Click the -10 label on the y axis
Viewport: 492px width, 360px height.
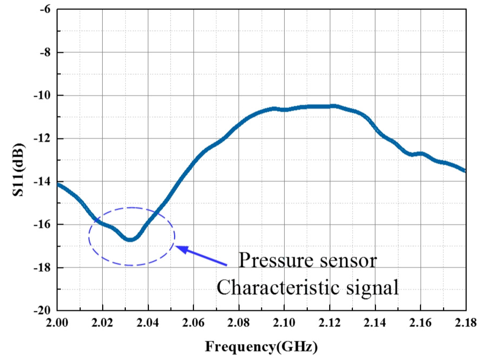click(42, 96)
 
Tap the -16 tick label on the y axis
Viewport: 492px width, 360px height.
click(42, 225)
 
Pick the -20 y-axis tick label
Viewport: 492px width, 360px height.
click(42, 311)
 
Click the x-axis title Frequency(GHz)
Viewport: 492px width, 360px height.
click(261, 346)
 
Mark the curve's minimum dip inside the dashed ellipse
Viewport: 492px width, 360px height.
click(130, 239)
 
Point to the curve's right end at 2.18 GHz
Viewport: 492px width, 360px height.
click(465, 171)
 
